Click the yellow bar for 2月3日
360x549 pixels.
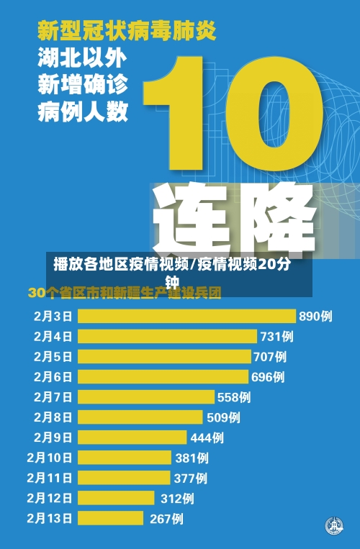pyautogui.click(x=186, y=316)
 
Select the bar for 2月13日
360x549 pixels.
pyautogui.click(x=112, y=518)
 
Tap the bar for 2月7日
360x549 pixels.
pyautogui.click(x=146, y=396)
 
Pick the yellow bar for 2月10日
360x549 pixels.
pyautogui.click(x=125, y=457)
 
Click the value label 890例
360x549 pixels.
pyautogui.click(x=315, y=316)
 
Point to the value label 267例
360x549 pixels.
pyautogui.click(x=166, y=518)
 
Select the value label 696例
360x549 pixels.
pyautogui.click(x=268, y=376)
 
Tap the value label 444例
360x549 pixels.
pyautogui.click(x=207, y=437)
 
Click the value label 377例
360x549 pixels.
pyautogui.click(x=190, y=477)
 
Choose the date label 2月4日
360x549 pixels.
pyautogui.click(x=53, y=336)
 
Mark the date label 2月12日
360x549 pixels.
pyautogui.click(x=50, y=497)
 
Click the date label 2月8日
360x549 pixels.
pyautogui.click(x=53, y=417)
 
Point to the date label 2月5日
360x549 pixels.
pyautogui.click(x=53, y=356)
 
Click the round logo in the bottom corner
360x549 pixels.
pyautogui.click(x=333, y=525)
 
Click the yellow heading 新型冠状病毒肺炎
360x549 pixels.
pyautogui.click(x=126, y=32)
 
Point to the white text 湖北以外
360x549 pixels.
pyautogui.click(x=82, y=59)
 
